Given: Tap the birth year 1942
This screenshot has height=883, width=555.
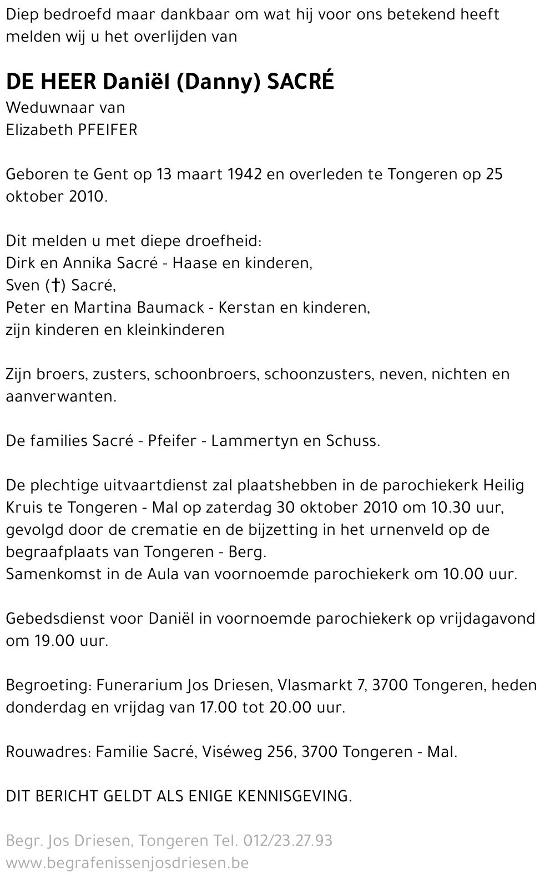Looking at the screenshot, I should [x=245, y=174].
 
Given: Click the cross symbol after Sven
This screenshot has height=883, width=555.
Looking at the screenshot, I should [x=55, y=285].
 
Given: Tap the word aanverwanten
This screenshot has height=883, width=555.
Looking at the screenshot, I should [x=61, y=397].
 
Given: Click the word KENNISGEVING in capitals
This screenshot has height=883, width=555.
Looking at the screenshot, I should [x=294, y=796].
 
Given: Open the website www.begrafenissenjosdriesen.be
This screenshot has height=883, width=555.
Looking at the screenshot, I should [x=127, y=863].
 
